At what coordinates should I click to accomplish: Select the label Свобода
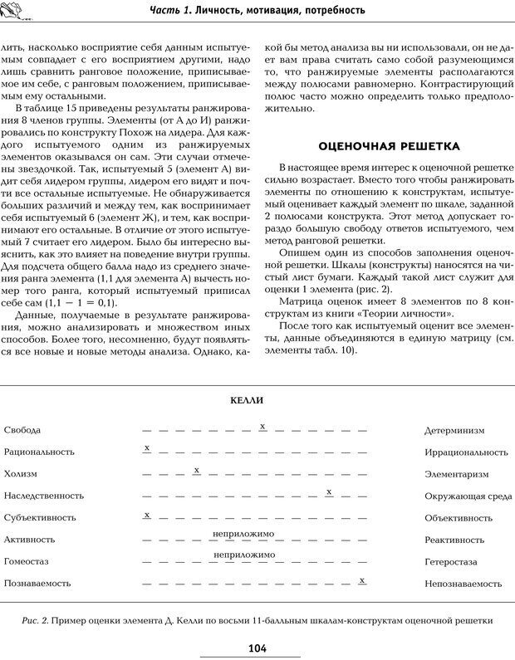[22, 430]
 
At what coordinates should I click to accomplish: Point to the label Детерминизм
[454, 431]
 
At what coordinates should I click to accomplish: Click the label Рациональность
[39, 452]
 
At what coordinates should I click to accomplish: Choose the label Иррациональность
[465, 452]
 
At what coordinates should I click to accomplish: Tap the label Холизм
[21, 474]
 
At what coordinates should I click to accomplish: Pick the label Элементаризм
[456, 474]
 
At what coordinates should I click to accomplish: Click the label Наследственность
[43, 496]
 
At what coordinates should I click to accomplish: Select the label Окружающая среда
[468, 496]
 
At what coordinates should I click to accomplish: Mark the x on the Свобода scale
[262, 426]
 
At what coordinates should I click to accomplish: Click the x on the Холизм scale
[196, 470]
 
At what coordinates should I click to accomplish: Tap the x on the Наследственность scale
[330, 491]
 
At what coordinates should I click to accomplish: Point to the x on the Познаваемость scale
[362, 579]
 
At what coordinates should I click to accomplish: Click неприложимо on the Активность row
[243, 533]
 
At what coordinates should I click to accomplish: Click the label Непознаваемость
[460, 584]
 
